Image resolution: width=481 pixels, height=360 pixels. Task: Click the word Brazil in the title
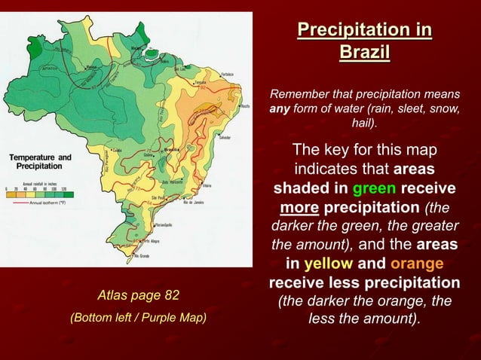point(364,53)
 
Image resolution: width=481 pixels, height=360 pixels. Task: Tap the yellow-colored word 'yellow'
point(329,264)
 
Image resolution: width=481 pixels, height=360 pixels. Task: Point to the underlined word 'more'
point(299,205)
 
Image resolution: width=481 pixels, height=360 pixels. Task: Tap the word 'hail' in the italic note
point(364,123)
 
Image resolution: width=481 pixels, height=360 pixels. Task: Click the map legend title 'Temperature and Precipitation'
point(41,161)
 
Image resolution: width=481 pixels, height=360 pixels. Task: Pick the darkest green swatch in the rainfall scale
point(74,194)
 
